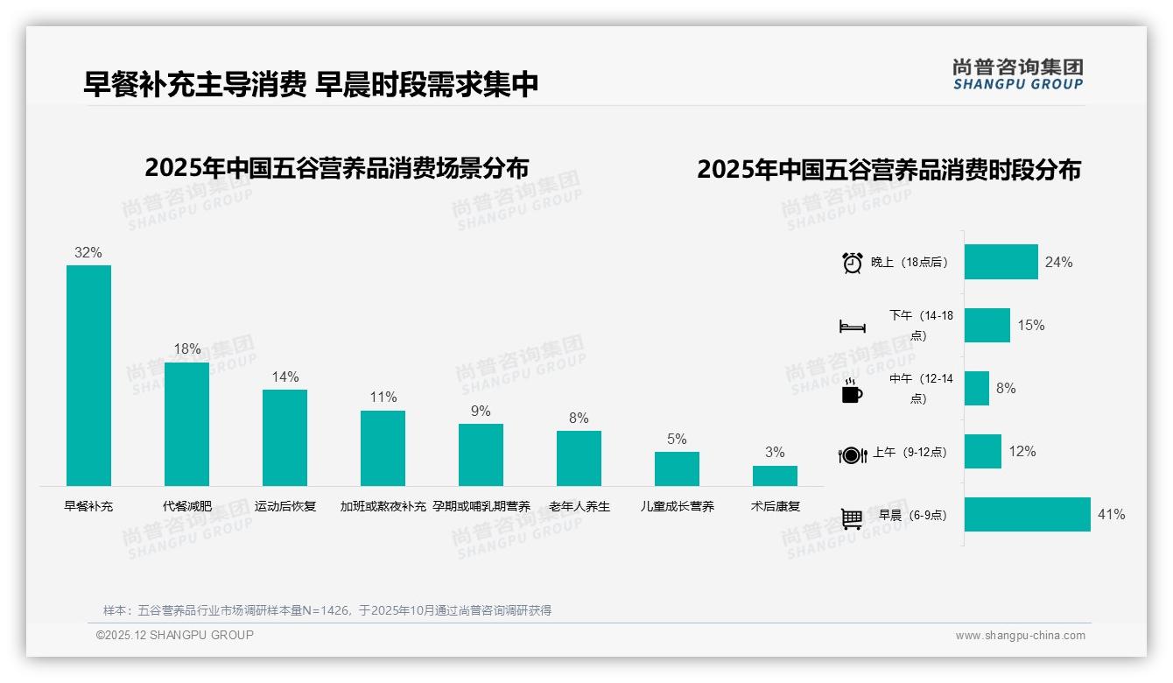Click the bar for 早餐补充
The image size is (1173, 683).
pyautogui.click(x=88, y=376)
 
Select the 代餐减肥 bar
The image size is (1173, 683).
pyautogui.click(x=186, y=424)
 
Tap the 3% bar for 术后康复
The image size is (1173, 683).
pyautogui.click(x=775, y=475)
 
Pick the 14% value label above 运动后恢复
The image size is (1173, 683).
pyautogui.click(x=284, y=377)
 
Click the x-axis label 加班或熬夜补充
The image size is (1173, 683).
pyautogui.click(x=383, y=506)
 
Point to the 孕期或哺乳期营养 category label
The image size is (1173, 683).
pyautogui.click(x=481, y=506)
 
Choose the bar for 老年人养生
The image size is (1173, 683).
pyautogui.click(x=579, y=458)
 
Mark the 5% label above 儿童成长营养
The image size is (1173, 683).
pyautogui.click(x=677, y=440)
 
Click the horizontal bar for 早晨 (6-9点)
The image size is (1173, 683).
pyautogui.click(x=1028, y=515)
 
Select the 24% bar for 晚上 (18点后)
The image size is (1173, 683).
pyautogui.click(x=1001, y=262)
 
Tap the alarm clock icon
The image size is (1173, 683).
pyautogui.click(x=852, y=263)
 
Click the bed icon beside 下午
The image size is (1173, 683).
pyautogui.click(x=852, y=327)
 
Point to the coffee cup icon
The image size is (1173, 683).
pyautogui.click(x=852, y=391)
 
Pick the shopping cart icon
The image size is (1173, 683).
pyautogui.click(x=852, y=518)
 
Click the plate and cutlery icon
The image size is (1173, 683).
pyautogui.click(x=852, y=454)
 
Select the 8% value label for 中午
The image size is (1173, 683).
pyautogui.click(x=1006, y=388)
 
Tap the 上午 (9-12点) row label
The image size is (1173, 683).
pyautogui.click(x=910, y=453)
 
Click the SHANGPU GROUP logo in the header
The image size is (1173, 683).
pyautogui.click(x=1017, y=74)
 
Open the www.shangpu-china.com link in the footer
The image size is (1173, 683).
pyautogui.click(x=1020, y=636)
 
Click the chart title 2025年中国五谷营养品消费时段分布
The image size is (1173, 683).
pyautogui.click(x=889, y=170)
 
